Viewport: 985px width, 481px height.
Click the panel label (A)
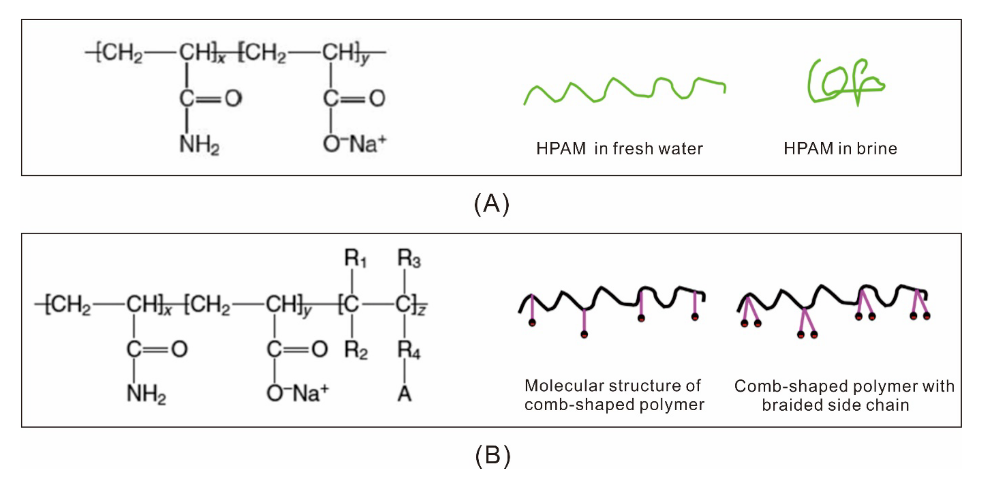[x=492, y=204]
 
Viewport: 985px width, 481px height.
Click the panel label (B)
[x=492, y=456]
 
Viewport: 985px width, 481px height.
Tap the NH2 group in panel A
[x=199, y=145]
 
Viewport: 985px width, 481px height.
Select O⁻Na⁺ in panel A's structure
[x=355, y=144]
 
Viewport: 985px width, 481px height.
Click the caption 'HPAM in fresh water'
[x=619, y=149]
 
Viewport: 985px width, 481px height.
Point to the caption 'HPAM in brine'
[x=840, y=149]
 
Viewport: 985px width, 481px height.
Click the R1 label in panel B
[x=355, y=259]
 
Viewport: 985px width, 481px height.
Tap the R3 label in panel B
[x=409, y=259]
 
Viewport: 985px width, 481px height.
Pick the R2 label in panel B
[x=355, y=350]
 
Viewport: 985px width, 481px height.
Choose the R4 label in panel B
[x=409, y=350]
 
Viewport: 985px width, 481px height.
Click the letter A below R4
[x=404, y=394]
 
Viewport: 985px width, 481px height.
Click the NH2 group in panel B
[x=146, y=394]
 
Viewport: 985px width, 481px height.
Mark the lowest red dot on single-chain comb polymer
[x=584, y=334]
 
